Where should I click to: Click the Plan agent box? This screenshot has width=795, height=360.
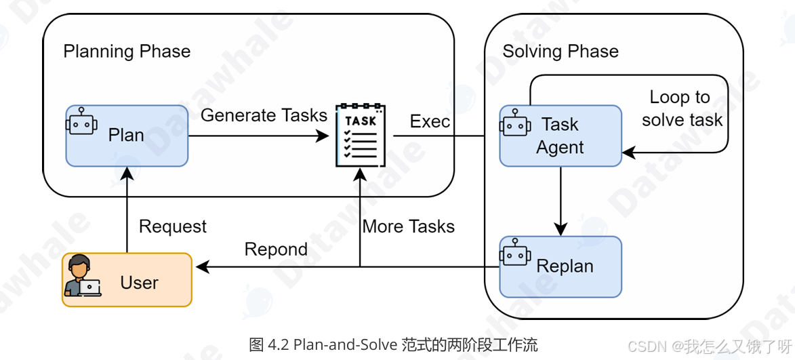coord(127,136)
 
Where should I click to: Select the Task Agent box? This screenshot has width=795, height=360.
coord(560,136)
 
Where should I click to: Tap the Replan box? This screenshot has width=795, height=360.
coord(560,266)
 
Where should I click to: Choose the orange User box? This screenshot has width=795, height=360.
coord(127,280)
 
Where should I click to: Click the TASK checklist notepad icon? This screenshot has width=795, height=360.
coord(360,136)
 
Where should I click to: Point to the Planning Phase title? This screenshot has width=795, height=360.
coord(127,52)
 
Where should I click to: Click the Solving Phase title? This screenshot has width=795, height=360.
coord(560,52)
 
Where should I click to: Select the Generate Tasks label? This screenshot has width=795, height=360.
coord(264,115)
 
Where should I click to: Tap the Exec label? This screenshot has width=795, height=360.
coord(430,121)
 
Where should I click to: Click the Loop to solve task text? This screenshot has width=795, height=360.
coord(682,108)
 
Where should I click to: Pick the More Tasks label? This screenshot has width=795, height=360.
coord(409,226)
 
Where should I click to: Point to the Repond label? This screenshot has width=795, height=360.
coord(276,249)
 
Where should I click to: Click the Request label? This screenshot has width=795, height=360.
coord(173,226)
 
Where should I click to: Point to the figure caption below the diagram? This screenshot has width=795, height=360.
coord(393,344)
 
